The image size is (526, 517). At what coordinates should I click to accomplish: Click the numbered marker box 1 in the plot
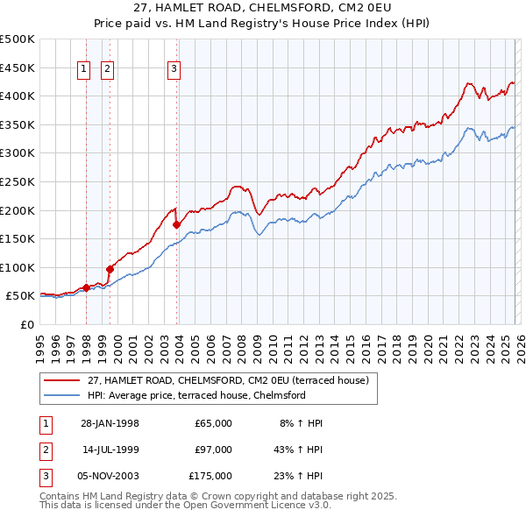(85, 69)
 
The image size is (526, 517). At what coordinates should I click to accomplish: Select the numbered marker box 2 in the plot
(107, 69)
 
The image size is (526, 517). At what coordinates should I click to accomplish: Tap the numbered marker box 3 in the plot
(174, 69)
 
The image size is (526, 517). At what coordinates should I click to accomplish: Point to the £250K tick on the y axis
(18, 181)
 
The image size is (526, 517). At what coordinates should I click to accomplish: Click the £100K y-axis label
(18, 267)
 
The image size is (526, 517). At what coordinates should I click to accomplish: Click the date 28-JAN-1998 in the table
(110, 423)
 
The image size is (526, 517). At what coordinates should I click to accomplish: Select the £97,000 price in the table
(213, 450)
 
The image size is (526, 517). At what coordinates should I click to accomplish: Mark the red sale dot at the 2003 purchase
(176, 225)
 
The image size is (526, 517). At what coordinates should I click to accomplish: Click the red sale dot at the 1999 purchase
(110, 269)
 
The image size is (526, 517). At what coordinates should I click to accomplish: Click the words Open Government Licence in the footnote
(262, 505)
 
